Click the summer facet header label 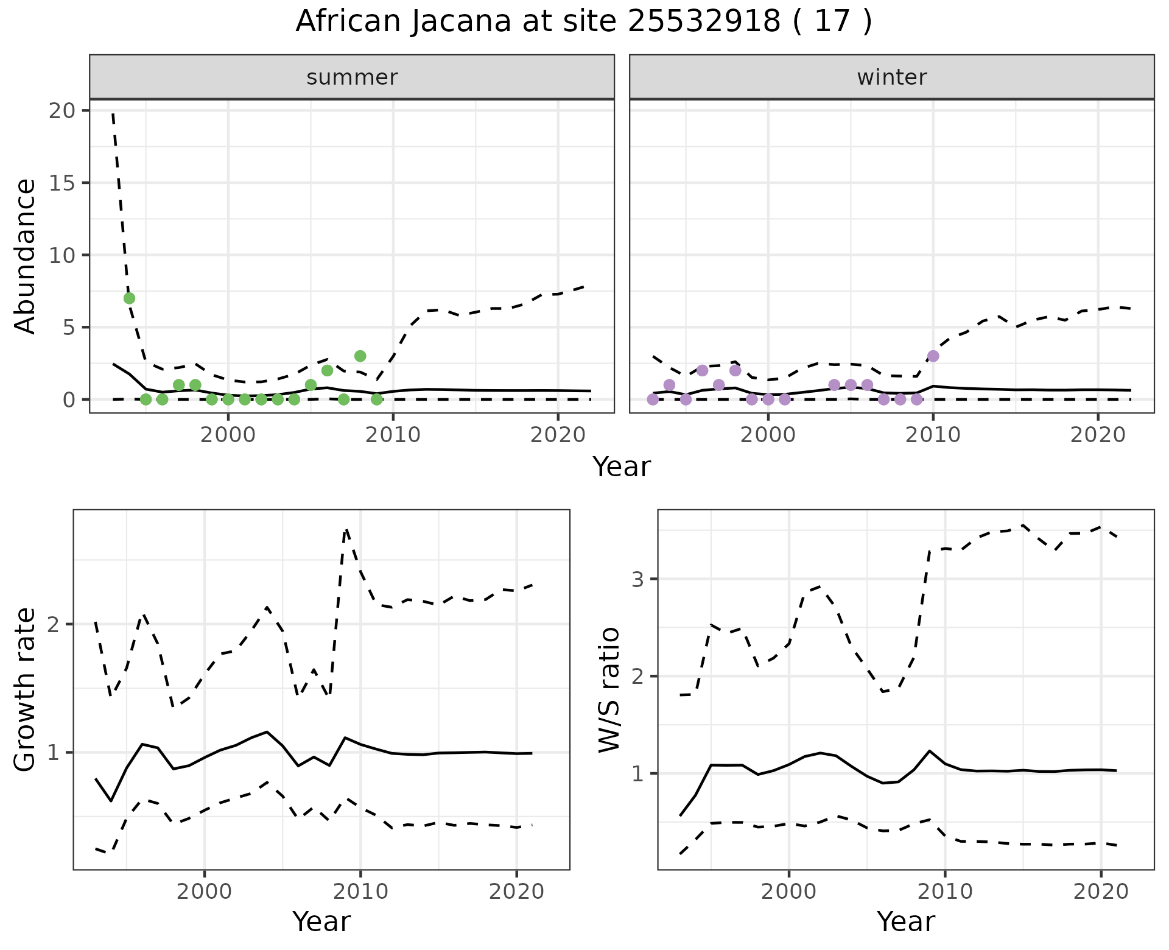[352, 77]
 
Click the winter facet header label [891, 77]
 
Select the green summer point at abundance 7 [129, 298]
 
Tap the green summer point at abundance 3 [360, 356]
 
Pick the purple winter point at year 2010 [933, 356]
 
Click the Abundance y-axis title [26, 256]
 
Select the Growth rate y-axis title [26, 689]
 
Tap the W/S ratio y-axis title [609, 689]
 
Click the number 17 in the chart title [832, 22]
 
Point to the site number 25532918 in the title [704, 22]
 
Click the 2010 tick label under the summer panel [393, 435]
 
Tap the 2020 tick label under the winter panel [1097, 435]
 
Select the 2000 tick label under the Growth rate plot [205, 892]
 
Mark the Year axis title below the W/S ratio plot [905, 922]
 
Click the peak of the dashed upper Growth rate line [346, 530]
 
